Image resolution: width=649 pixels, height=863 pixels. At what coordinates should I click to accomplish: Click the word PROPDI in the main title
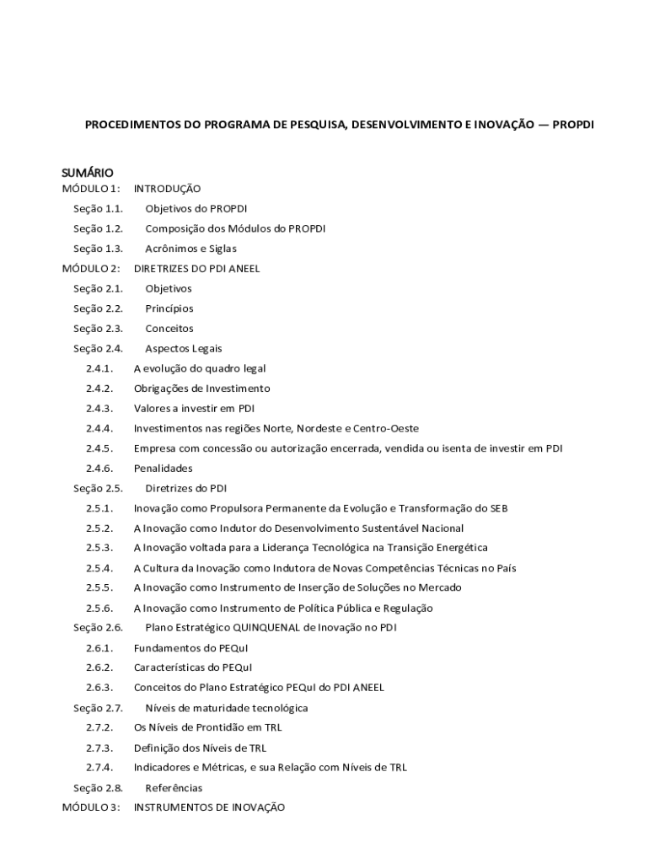(x=574, y=124)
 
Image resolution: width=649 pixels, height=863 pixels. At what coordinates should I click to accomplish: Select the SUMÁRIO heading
(x=87, y=173)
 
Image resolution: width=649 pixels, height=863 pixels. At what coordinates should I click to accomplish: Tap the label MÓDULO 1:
(x=90, y=189)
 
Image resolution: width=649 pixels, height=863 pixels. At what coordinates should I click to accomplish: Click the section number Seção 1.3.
(x=98, y=249)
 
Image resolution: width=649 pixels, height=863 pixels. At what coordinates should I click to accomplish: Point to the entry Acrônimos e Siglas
(x=190, y=249)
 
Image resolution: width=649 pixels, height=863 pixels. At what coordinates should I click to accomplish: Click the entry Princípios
(x=169, y=308)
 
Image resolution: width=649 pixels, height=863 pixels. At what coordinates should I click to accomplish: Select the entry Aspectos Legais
(x=184, y=349)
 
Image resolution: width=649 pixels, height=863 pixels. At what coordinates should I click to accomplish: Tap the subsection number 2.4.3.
(x=99, y=409)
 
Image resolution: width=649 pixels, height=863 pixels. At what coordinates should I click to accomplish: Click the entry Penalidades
(x=163, y=469)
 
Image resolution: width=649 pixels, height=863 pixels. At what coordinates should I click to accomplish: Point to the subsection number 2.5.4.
(x=99, y=568)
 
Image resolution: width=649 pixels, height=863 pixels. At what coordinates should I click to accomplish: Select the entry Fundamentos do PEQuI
(x=190, y=648)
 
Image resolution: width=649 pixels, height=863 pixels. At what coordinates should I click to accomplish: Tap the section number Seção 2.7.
(x=98, y=708)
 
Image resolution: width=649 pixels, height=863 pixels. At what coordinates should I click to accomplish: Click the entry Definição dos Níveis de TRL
(x=200, y=748)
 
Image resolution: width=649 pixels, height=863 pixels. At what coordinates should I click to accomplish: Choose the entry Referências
(x=174, y=788)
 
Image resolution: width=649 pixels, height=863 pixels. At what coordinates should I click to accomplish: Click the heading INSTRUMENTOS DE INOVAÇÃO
(x=209, y=807)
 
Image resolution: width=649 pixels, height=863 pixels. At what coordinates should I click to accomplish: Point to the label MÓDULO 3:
(x=90, y=807)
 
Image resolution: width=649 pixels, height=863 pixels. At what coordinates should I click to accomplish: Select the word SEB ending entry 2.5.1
(x=497, y=508)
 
